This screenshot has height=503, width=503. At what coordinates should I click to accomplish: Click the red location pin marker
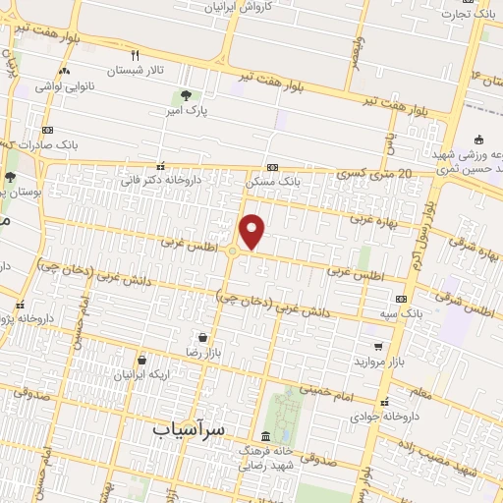click(252, 232)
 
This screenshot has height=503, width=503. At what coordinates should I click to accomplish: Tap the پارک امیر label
click(188, 112)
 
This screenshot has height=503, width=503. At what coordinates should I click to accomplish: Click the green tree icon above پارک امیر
click(185, 95)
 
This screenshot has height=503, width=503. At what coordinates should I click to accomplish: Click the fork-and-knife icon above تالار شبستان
click(136, 55)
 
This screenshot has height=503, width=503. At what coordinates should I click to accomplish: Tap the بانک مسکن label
click(275, 182)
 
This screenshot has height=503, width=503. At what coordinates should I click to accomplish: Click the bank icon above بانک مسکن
click(272, 167)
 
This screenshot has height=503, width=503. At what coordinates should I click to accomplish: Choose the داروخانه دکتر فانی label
click(160, 181)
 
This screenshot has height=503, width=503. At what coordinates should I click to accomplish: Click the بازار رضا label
click(202, 351)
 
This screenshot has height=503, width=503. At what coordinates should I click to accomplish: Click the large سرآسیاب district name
click(190, 429)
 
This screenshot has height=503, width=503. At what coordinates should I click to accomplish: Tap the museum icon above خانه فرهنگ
click(266, 435)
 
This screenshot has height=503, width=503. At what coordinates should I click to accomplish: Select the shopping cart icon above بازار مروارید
click(378, 346)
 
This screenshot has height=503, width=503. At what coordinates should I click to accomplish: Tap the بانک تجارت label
click(465, 14)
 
